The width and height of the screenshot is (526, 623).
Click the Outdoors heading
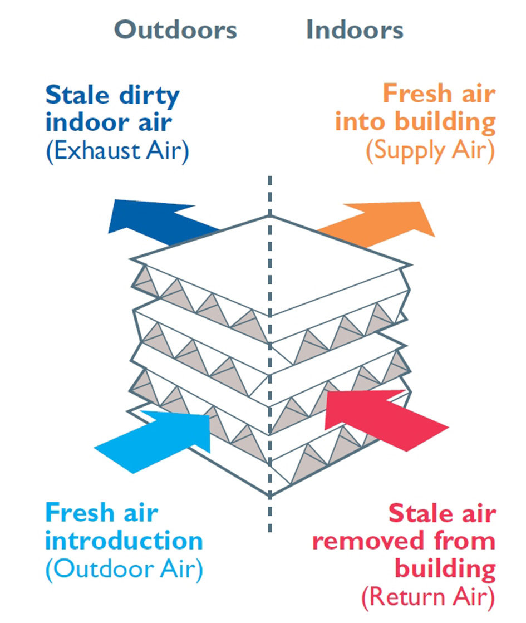175,30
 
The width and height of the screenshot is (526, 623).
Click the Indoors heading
355,30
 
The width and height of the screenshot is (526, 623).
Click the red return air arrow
384,415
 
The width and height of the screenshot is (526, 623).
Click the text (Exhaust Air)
117,151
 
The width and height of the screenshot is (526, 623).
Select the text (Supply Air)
430,151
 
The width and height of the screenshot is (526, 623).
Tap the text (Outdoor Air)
124,570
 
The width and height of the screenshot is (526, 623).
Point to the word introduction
124,541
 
